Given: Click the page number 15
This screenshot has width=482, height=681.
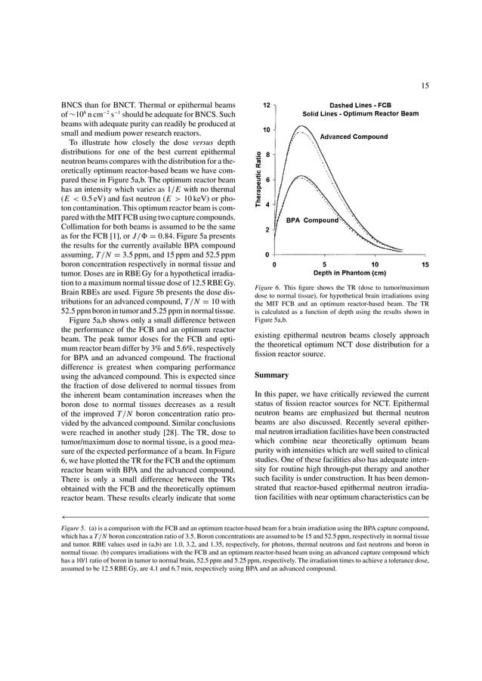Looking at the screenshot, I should pos(425,85).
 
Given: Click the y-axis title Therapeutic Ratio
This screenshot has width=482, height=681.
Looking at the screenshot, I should pos(258,180).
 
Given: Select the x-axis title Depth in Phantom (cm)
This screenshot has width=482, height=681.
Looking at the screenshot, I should pos(350,273).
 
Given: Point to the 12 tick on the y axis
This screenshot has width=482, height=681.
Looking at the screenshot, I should pos(267,105).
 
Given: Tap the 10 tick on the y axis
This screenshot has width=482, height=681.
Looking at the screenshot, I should pos(267,130).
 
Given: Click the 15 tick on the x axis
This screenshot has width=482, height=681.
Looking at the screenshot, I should pos(425,264).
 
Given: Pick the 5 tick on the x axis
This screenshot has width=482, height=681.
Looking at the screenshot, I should pos(324,264).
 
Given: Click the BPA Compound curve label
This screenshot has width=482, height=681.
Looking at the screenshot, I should pos(311,220).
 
